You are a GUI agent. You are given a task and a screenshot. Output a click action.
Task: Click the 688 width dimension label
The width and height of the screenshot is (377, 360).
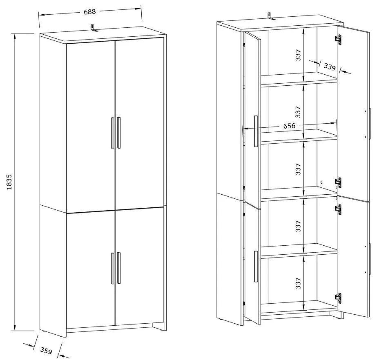(x=90, y=12)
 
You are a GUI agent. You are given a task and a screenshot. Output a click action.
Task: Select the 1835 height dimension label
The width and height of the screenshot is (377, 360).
(x=9, y=182)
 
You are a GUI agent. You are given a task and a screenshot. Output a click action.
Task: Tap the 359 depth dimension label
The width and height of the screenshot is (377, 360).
(x=46, y=351)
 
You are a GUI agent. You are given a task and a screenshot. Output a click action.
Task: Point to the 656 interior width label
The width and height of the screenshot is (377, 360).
(x=289, y=126)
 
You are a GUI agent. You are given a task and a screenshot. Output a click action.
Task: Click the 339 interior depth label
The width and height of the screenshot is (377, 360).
(x=329, y=67)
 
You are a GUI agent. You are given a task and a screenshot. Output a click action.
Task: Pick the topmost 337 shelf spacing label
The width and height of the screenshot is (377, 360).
(x=298, y=55)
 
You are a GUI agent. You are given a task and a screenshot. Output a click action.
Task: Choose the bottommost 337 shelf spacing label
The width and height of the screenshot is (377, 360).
(x=298, y=283)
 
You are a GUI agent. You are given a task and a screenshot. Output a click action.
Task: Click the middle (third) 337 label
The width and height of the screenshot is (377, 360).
(x=298, y=169)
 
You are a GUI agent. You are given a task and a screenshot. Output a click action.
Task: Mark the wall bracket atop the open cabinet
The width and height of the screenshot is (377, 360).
(x=270, y=16)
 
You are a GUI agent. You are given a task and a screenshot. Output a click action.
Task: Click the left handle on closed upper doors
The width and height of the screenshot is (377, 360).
(x=112, y=133)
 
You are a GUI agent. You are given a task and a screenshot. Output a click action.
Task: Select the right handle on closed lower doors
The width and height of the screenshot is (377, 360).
(x=119, y=268)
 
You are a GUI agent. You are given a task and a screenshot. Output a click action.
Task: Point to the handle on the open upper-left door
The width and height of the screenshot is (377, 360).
(x=256, y=131)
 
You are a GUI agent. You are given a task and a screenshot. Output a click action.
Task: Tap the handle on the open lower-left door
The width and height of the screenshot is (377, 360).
(x=256, y=267)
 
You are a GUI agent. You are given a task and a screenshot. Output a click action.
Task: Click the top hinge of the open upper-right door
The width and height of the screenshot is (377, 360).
(x=338, y=40)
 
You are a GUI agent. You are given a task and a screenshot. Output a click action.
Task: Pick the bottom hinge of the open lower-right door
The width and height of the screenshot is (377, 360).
(x=338, y=298)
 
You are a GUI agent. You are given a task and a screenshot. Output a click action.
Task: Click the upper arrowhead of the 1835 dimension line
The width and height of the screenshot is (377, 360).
(x=15, y=36)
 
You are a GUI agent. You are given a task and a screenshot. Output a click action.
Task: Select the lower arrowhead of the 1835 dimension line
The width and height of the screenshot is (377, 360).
(x=15, y=327)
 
